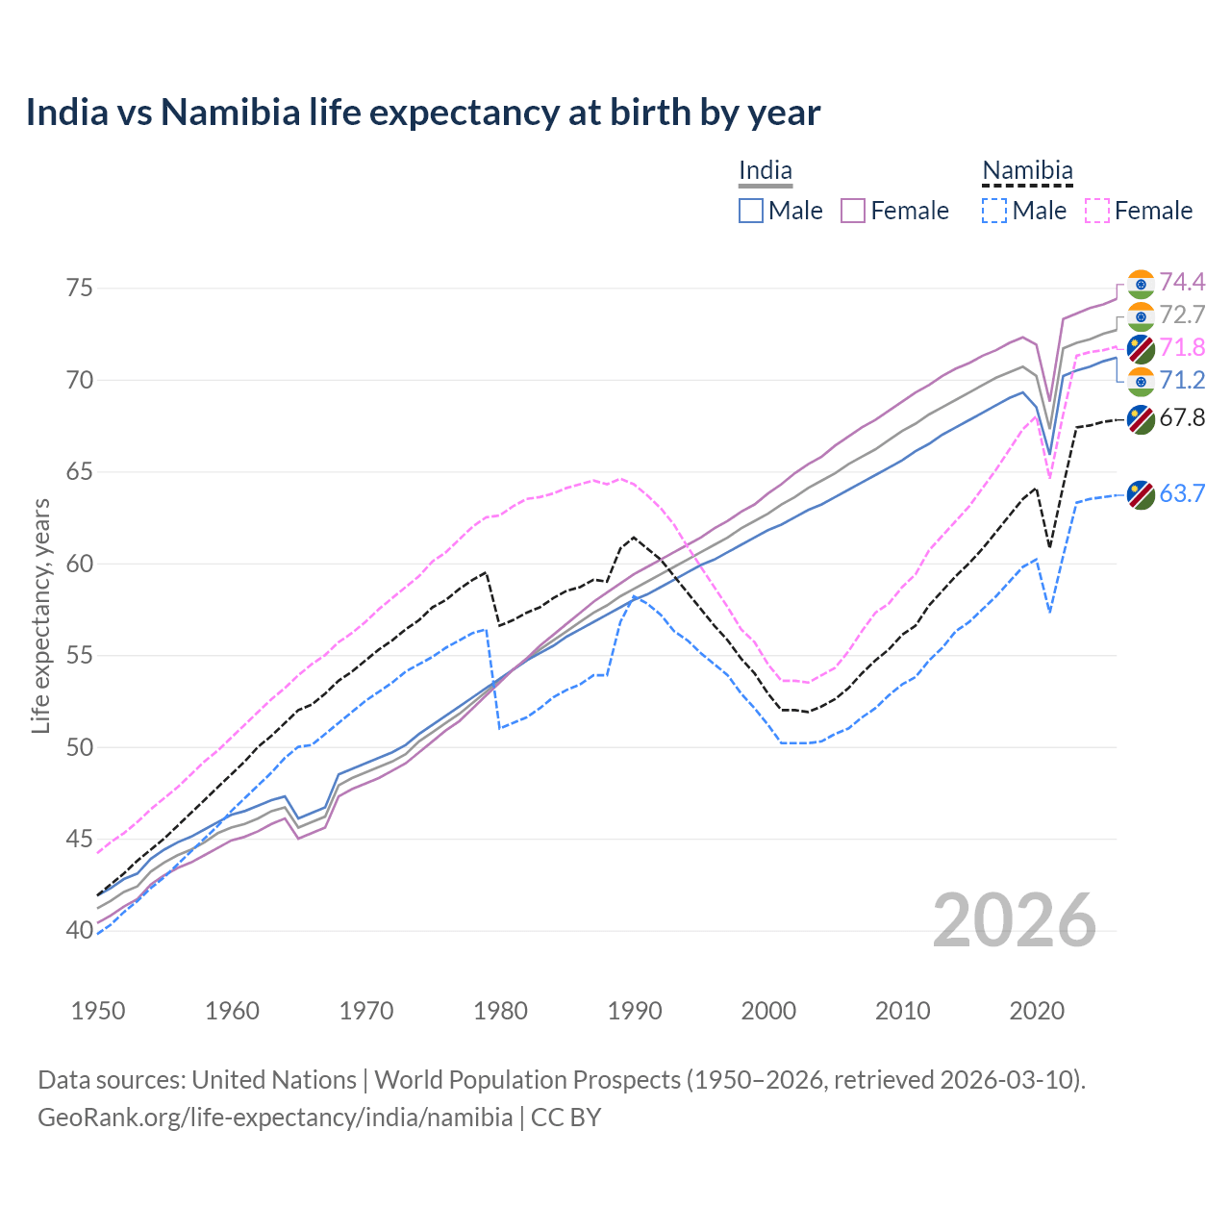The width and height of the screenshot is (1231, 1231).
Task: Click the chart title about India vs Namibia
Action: click(x=423, y=113)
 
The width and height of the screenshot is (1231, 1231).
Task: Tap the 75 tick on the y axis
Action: click(x=80, y=289)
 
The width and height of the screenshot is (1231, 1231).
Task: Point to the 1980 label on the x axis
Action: click(x=500, y=1011)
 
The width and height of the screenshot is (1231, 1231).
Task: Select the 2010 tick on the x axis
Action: click(x=902, y=1011)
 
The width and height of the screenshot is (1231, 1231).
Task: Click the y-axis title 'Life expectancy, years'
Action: click(x=40, y=615)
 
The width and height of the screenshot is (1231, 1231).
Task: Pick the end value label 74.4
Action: click(x=1182, y=282)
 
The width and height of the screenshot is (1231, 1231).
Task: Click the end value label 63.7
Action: click(x=1182, y=493)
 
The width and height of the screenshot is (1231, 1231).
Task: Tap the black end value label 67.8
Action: click(x=1182, y=417)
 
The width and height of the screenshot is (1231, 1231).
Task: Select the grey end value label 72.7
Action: click(x=1182, y=314)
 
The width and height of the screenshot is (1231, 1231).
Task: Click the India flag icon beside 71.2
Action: click(x=1141, y=381)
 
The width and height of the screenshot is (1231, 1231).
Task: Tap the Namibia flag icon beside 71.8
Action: click(x=1141, y=348)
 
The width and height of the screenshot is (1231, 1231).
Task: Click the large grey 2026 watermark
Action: click(x=1015, y=920)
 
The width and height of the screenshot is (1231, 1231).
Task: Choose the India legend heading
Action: click(x=766, y=171)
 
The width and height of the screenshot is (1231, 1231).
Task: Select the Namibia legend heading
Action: click(x=1027, y=171)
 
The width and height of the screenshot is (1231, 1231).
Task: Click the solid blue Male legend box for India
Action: click(x=751, y=211)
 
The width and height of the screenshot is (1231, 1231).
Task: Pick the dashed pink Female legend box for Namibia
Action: click(x=1097, y=211)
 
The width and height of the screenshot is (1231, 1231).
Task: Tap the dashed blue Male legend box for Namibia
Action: click(x=994, y=211)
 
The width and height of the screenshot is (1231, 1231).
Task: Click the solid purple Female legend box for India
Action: click(x=853, y=211)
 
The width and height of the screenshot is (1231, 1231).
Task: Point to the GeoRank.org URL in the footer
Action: click(x=275, y=1118)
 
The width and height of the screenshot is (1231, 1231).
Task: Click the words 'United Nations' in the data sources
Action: click(x=274, y=1080)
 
